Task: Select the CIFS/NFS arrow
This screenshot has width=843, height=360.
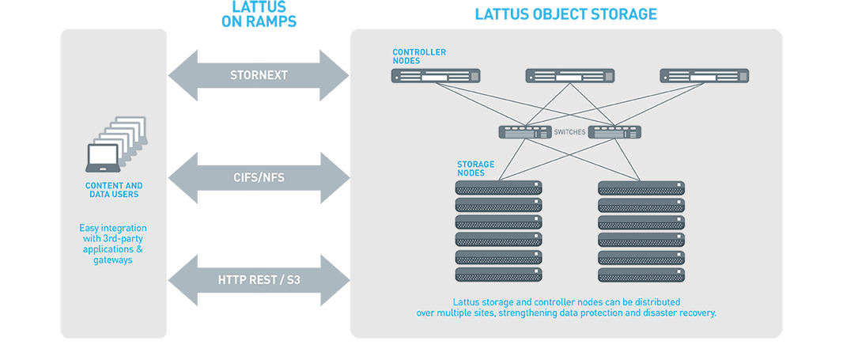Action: point(259,178)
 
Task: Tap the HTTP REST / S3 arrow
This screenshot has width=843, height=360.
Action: point(259,279)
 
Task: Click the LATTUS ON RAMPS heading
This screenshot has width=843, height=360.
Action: point(259,15)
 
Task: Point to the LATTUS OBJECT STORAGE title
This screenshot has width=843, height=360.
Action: point(565,14)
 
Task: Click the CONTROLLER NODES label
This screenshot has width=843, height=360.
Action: point(419,56)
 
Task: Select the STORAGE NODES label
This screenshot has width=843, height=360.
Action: point(475,169)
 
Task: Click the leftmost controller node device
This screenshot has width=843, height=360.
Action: point(436,76)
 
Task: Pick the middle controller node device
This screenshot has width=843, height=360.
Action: point(570,76)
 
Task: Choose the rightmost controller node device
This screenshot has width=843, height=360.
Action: point(705,76)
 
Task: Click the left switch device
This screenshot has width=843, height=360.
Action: point(524,133)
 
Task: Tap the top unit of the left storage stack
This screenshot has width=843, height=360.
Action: point(499,188)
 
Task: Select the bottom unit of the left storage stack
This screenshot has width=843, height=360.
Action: point(499,275)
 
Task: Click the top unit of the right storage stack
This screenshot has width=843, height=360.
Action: point(641,188)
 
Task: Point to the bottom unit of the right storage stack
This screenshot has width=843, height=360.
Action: point(641,275)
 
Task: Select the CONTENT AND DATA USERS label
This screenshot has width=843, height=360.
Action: point(114,191)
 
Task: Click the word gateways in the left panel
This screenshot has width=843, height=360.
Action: point(113,260)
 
